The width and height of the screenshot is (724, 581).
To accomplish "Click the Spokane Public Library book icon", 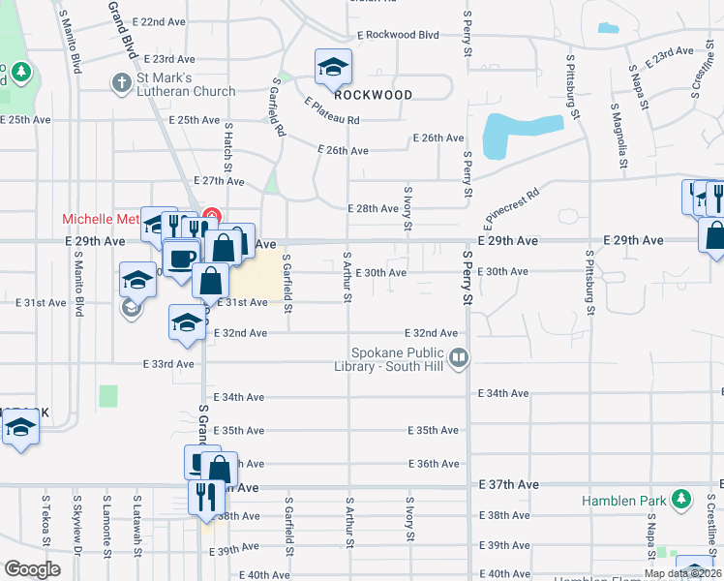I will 460,358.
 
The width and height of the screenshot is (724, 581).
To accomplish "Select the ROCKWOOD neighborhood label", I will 374,95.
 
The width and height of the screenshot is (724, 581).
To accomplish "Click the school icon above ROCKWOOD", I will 333,67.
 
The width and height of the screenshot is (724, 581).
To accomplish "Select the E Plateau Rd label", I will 332,111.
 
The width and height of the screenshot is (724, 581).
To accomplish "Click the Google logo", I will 32,569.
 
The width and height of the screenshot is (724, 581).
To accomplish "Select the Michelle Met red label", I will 101,219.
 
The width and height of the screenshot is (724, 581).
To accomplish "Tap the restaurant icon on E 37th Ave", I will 203,496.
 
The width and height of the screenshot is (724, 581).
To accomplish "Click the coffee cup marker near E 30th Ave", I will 180,258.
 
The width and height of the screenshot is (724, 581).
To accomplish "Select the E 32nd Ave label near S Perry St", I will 431,332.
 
